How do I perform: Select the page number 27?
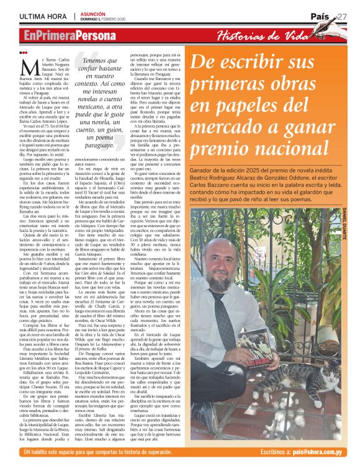click(341, 16)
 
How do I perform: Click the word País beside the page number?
click(321, 16)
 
